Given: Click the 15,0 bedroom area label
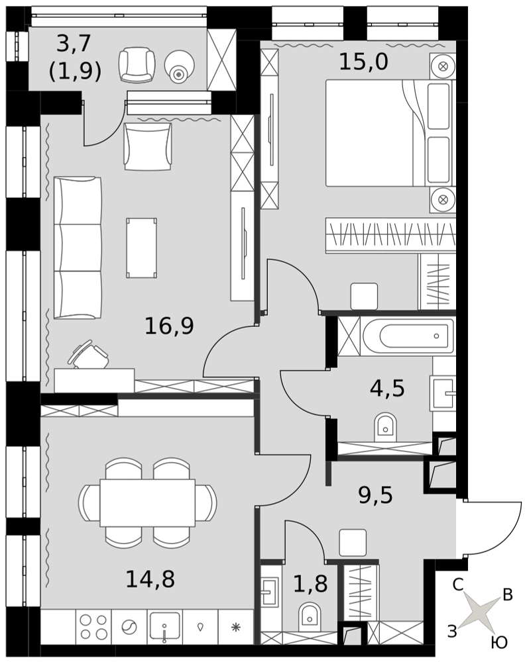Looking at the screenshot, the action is (363, 62).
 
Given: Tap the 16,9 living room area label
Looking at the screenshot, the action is (169, 326).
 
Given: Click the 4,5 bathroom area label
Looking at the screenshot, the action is (387, 388).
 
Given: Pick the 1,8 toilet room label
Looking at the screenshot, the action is (310, 584).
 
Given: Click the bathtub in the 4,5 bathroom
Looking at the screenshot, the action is (408, 336).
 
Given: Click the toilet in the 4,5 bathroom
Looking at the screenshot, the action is (385, 427).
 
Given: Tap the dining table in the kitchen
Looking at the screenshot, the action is (147, 503).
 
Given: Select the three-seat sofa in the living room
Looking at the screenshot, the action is (78, 248).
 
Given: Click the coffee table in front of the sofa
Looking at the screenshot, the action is (142, 248).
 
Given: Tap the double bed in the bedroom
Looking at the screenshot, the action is (389, 133).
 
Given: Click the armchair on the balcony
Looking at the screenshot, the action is (137, 65).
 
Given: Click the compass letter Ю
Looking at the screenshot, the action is (499, 642).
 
